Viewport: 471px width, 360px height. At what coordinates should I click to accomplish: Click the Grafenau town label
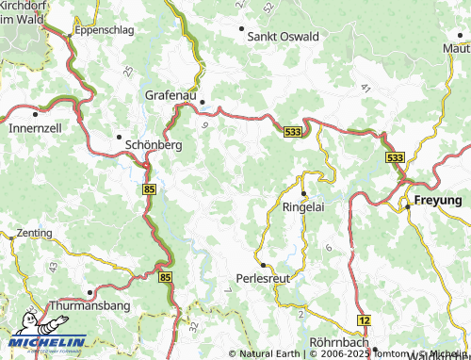coord(171,95)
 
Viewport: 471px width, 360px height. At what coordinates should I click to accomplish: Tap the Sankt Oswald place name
coord(283,36)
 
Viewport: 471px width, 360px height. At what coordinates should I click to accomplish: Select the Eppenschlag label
coord(106,30)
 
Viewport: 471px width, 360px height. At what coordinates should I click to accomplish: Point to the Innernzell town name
coord(35,127)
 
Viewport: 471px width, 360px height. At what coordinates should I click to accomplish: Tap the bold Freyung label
coord(438,201)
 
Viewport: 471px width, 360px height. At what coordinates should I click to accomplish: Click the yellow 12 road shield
coord(364,322)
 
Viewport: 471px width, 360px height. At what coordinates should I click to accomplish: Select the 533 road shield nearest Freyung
coord(395,157)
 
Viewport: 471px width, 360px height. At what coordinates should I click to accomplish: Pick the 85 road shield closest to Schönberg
coord(150,189)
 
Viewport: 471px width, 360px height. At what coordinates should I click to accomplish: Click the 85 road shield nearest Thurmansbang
coord(166,278)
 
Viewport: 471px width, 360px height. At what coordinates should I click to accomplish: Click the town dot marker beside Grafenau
coord(201,102)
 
